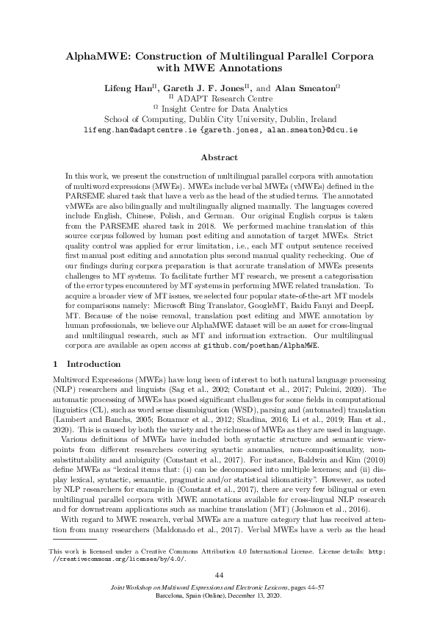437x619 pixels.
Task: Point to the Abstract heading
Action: coord(219,157)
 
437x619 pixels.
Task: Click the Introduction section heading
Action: coord(93,364)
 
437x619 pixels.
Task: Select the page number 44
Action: coord(218,574)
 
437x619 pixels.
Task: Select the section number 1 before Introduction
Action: coord(57,364)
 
